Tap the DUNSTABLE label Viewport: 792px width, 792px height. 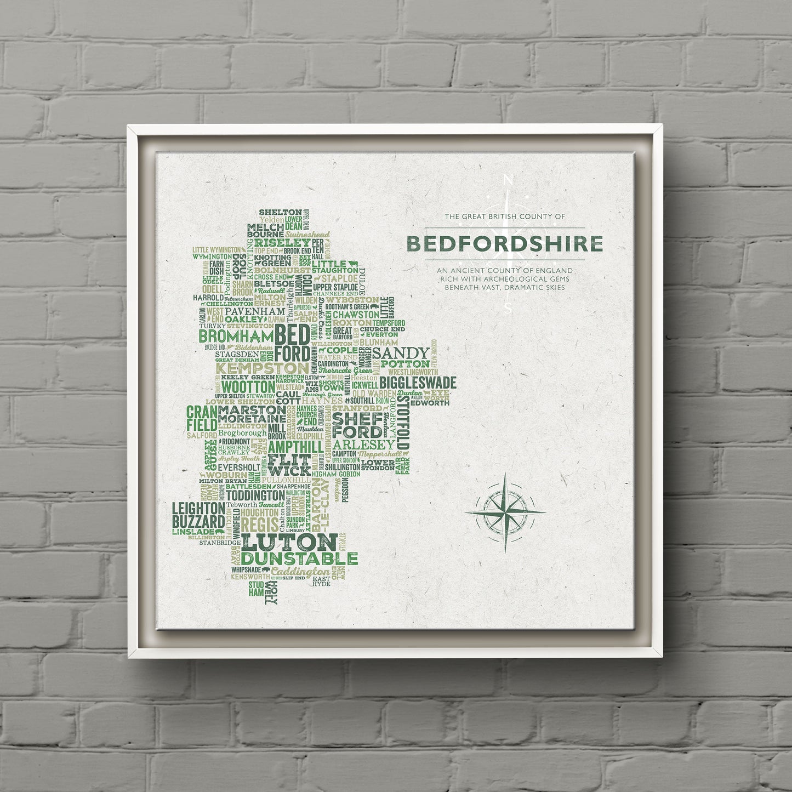[299, 559]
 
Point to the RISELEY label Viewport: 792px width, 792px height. [282, 242]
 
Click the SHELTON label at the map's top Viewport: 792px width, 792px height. [280, 212]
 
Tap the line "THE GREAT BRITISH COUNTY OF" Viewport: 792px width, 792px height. [504, 217]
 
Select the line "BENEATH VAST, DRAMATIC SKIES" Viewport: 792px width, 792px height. [504, 287]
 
